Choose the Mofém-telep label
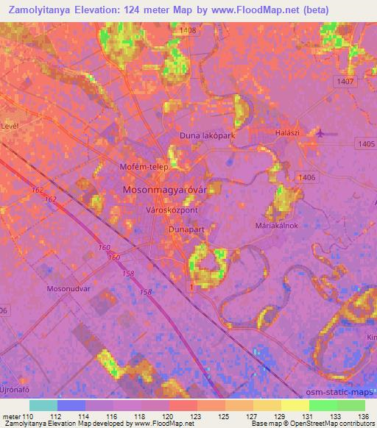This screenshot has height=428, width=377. (x=144, y=167)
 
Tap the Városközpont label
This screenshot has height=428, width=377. (x=172, y=210)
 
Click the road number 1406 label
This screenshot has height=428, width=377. (x=307, y=177)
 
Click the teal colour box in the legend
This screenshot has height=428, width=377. (x=43, y=405)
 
